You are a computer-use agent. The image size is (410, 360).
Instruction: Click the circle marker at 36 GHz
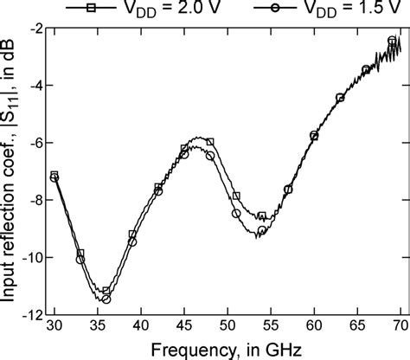106,299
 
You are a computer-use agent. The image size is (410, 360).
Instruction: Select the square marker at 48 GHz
209,142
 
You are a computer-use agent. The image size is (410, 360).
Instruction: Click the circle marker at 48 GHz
209,156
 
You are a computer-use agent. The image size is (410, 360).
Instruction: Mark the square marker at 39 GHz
132,235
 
